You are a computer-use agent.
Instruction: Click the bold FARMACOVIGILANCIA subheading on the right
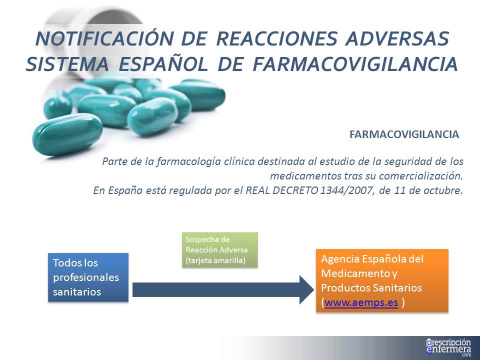[x=404, y=134]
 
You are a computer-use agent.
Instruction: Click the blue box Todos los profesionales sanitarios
[x=88, y=277]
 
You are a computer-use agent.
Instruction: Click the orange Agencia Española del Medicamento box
[x=382, y=281]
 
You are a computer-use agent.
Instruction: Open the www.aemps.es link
[x=361, y=303]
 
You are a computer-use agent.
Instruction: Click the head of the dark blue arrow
[x=305, y=289]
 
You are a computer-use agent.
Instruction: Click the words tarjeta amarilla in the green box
[x=216, y=260]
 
